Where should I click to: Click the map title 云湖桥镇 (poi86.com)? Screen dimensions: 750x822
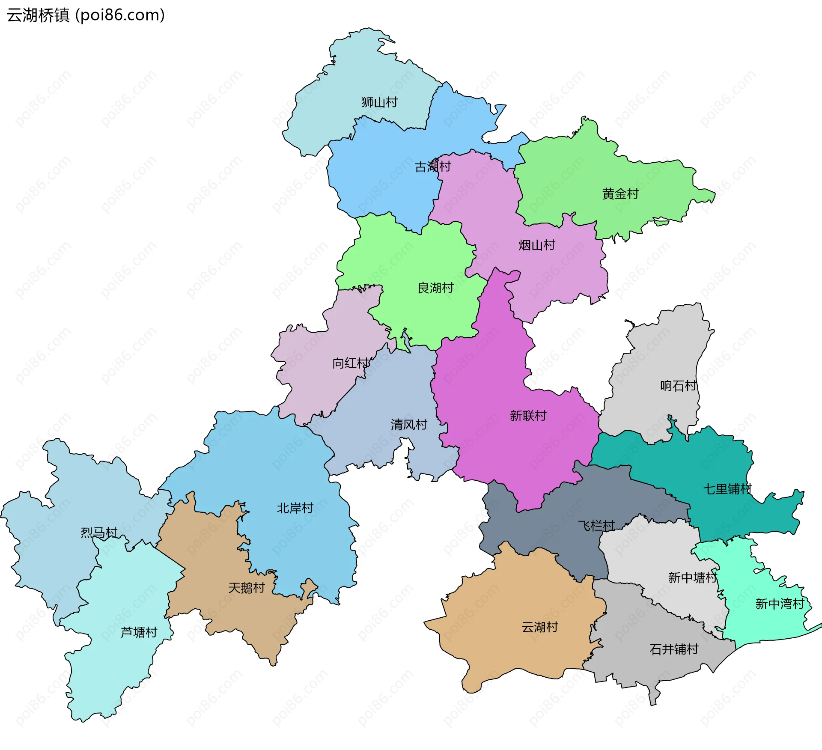(x=86, y=15)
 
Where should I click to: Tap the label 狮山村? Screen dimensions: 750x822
(x=379, y=102)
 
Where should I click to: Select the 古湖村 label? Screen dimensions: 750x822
(x=432, y=167)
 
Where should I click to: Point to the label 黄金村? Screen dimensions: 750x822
(x=620, y=194)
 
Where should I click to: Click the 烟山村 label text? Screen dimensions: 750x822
(x=536, y=245)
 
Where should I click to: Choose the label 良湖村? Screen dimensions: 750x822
(x=435, y=288)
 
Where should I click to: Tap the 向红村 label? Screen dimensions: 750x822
(x=351, y=363)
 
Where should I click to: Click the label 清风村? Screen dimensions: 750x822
(x=409, y=425)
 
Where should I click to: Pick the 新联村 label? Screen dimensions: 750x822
(x=528, y=416)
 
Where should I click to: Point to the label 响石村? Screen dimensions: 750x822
(x=678, y=386)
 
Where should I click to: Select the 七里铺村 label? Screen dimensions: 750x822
(x=727, y=489)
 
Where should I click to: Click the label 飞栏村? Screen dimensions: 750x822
(x=596, y=526)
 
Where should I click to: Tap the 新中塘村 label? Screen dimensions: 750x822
(x=692, y=578)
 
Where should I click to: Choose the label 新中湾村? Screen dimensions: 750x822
(x=780, y=604)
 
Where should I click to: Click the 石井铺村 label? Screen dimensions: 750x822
(x=674, y=650)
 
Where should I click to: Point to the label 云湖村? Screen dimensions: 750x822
(x=539, y=627)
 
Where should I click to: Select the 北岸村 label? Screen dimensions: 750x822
(x=295, y=508)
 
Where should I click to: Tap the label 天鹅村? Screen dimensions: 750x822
(x=246, y=588)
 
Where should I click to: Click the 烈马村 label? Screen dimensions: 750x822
(x=99, y=533)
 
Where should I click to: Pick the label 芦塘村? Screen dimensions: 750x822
(x=139, y=632)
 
